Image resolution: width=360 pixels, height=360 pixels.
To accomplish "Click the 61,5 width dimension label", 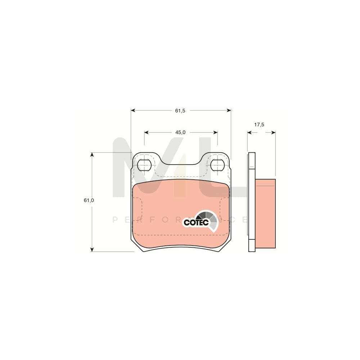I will tap(180, 111).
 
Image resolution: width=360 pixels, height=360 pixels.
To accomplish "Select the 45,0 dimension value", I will tap(180, 132).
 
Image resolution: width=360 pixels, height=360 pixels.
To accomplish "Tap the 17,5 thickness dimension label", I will tap(259, 125).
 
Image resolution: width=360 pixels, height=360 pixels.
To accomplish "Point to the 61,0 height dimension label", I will tap(89, 201).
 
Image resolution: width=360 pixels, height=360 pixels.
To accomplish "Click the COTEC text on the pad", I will tap(196, 222).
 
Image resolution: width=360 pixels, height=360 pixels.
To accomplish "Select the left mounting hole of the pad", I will tap(144, 165).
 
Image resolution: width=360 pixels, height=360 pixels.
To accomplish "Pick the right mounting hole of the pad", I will tap(217, 165).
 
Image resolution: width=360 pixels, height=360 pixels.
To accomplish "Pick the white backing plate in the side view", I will tap(252, 202).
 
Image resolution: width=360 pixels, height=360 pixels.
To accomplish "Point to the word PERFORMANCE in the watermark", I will tap(180, 220).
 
